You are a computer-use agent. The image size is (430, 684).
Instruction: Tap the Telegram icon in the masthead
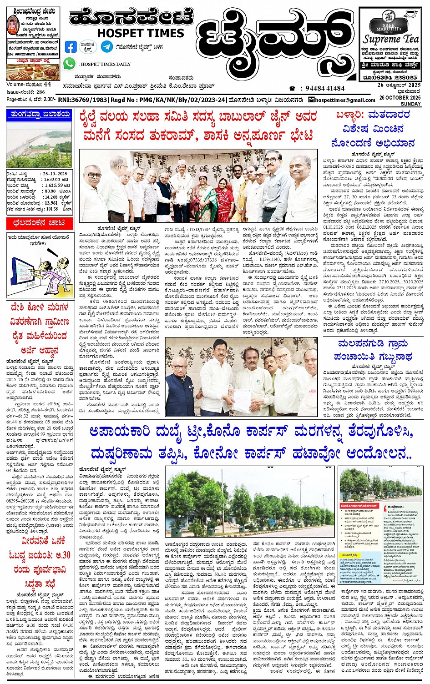pos(106,46)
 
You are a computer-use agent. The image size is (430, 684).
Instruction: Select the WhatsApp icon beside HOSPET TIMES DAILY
pos(69,64)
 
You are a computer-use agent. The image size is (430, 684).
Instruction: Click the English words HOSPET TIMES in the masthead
pos(140,33)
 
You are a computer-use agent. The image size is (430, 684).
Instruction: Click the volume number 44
pos(47,85)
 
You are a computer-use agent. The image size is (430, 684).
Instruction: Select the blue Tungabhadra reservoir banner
pos(39,115)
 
